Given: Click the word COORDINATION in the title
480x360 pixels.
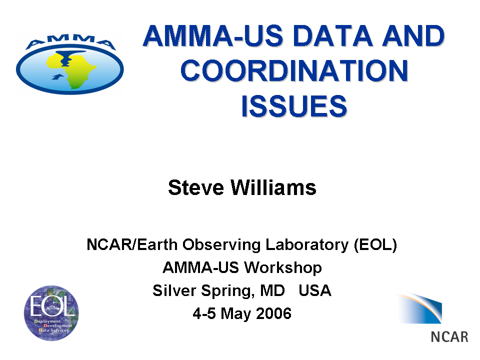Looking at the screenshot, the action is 294,70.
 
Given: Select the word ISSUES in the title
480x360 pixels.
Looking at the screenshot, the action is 294,106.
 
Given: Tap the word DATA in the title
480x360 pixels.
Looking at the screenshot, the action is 333,36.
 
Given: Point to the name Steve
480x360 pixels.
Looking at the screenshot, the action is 196,187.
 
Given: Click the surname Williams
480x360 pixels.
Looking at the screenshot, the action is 273,187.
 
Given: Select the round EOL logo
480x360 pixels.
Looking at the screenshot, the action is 51,313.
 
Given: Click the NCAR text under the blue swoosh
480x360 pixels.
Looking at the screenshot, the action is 449,336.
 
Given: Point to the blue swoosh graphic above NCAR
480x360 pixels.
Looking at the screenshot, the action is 420,308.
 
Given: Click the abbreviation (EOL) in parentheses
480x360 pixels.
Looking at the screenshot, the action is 375,245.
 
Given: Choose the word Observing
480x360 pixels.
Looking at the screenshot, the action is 221,245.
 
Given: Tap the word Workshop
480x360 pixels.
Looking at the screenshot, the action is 283,267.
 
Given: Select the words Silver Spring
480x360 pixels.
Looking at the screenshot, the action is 203,290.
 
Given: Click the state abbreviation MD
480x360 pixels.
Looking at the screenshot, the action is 272,290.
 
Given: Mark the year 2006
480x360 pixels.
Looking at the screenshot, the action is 273,313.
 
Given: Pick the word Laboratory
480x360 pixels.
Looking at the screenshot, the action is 307,245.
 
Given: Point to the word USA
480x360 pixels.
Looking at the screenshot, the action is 315,290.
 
